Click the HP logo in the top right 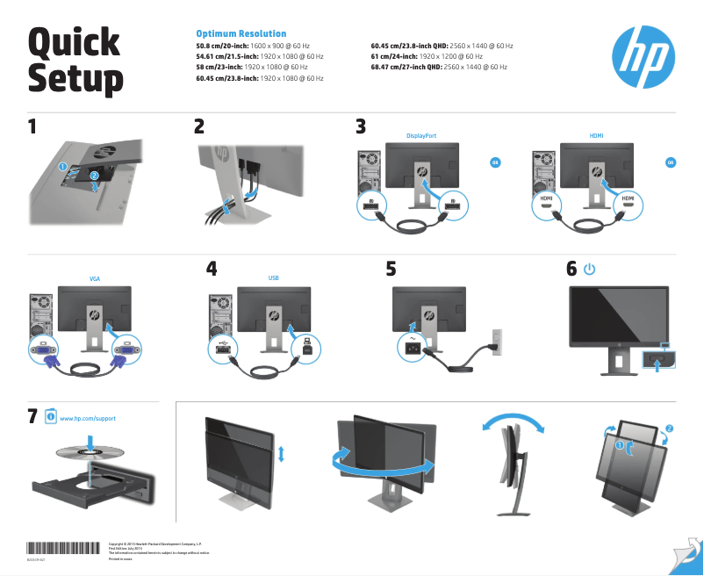coord(643,56)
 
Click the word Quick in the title coord(74,42)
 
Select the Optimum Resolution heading coord(241,33)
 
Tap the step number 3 coord(360,126)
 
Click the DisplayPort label coord(421,136)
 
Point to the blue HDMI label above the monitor coord(597,136)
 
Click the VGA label coord(95,278)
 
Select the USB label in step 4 coord(273,278)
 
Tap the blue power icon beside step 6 coord(589,269)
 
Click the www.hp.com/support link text coord(88,419)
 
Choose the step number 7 coord(32,416)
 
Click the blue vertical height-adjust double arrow coord(280,454)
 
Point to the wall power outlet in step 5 coord(497,342)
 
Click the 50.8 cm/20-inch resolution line coord(253,45)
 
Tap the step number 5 coord(392,270)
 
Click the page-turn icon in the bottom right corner coord(689,552)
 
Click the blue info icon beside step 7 coord(50,416)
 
